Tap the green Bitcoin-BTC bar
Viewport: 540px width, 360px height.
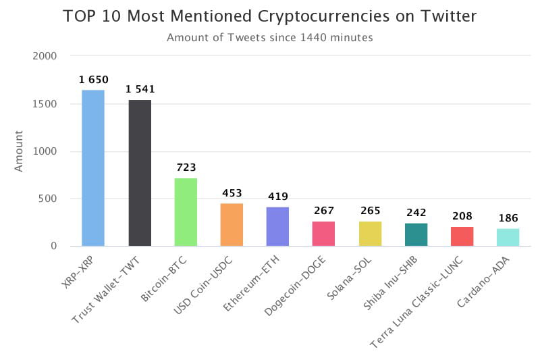tap(186, 211)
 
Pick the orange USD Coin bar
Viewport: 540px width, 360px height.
tap(232, 224)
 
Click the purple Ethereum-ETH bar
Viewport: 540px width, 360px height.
tap(277, 226)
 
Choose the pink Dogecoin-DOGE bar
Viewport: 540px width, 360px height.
tap(323, 233)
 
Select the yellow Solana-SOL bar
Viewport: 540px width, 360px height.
tap(370, 233)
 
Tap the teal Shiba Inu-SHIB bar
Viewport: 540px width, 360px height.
tap(416, 234)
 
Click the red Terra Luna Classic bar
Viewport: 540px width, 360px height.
tap(462, 236)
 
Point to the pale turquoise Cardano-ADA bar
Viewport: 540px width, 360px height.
tap(508, 237)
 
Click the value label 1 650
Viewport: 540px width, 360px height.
tap(93, 80)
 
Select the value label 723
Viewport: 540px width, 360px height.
tap(186, 168)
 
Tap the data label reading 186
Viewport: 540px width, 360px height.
tap(508, 218)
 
